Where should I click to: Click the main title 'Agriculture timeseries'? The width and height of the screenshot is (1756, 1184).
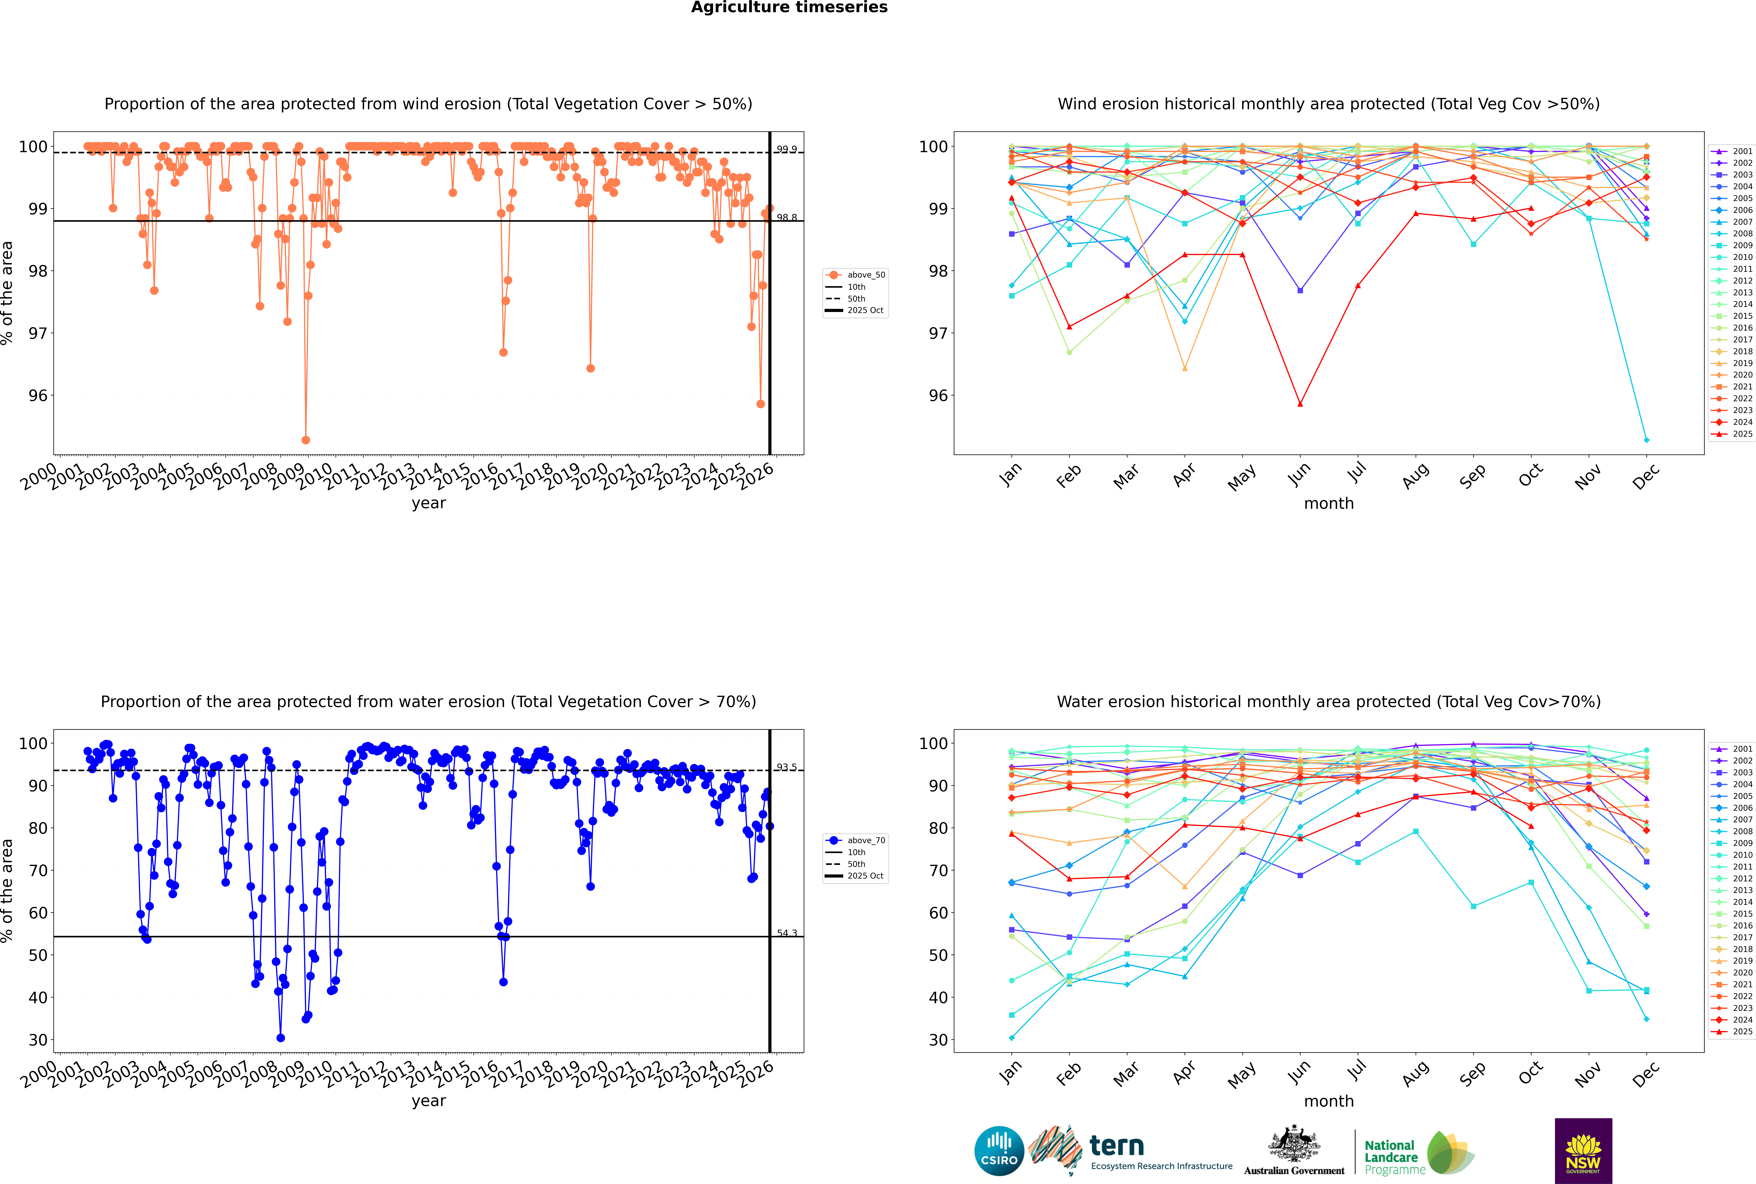point(789,7)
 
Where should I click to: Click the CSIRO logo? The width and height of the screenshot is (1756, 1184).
point(999,1151)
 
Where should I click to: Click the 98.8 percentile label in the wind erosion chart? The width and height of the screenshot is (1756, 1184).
point(787,217)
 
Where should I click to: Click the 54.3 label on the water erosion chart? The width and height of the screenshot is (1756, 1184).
point(787,933)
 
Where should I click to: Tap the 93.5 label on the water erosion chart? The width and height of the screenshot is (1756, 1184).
point(787,767)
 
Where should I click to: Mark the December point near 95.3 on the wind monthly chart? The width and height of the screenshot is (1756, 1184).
point(1647,440)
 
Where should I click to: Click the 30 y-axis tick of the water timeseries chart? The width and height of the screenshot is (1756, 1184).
point(38,1040)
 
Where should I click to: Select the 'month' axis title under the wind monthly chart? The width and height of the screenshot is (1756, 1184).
point(1329,504)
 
